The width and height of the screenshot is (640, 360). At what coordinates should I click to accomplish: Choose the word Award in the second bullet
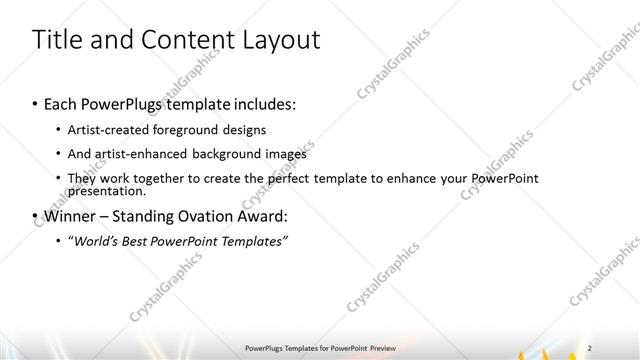[x=261, y=215]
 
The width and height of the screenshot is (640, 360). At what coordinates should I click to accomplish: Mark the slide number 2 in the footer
[x=590, y=346]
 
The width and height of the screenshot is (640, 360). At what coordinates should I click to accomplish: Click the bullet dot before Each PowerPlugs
[x=37, y=104]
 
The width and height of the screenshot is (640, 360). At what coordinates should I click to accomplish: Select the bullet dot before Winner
[x=37, y=216]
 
